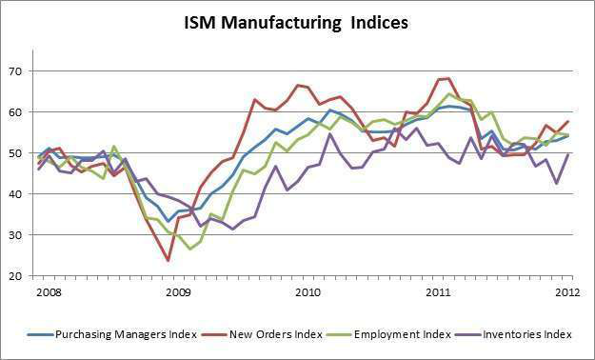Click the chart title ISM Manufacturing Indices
296,22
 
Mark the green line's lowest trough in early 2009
189,249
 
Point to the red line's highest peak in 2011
446,78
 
